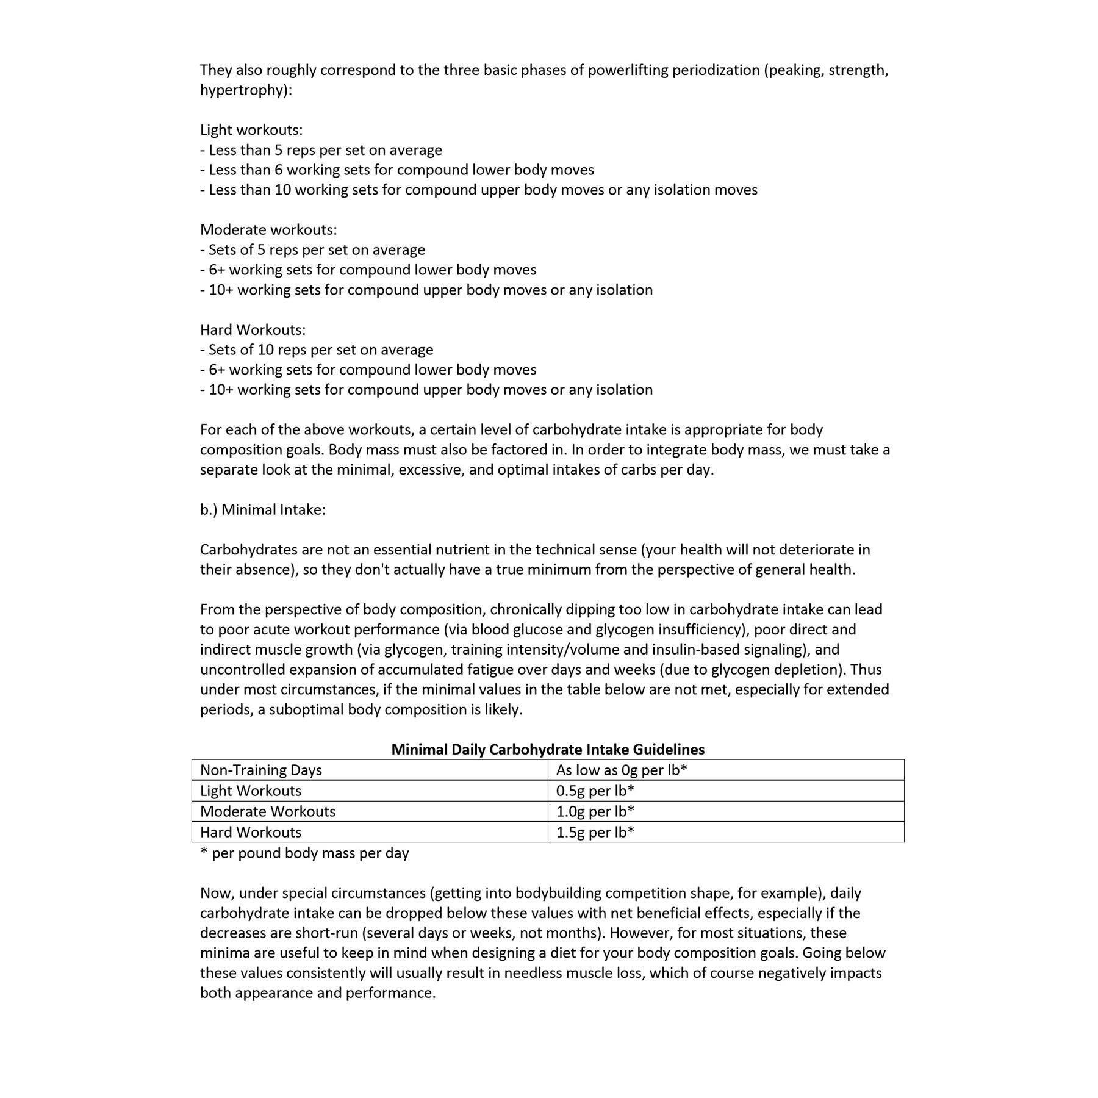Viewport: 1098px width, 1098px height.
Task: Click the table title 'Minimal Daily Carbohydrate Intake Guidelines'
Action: [548, 749]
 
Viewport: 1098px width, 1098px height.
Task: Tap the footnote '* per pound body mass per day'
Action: [304, 853]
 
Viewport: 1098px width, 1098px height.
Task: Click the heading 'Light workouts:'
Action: [251, 130]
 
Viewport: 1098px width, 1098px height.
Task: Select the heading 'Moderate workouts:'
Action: [268, 230]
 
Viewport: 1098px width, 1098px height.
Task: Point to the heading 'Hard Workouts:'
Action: [253, 330]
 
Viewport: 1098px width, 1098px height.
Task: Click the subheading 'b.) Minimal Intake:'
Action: [263, 509]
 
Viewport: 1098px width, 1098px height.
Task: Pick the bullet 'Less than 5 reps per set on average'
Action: [321, 150]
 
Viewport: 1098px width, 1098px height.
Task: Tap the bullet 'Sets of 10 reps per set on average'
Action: [317, 350]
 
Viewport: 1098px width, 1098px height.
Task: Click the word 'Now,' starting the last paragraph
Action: [217, 893]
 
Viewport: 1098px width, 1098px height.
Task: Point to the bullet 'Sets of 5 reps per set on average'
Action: [313, 250]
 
